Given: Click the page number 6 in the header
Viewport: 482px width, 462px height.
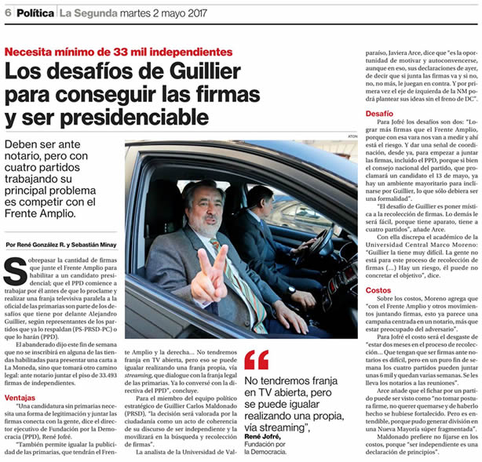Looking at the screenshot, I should (7, 12).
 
